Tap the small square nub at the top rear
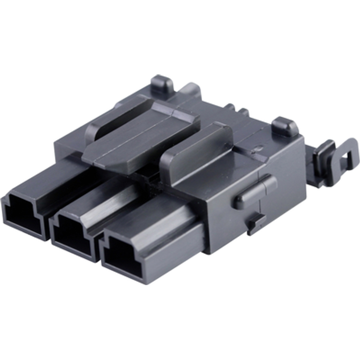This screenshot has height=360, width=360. click(162, 85)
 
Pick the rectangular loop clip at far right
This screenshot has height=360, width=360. click(336, 158)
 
